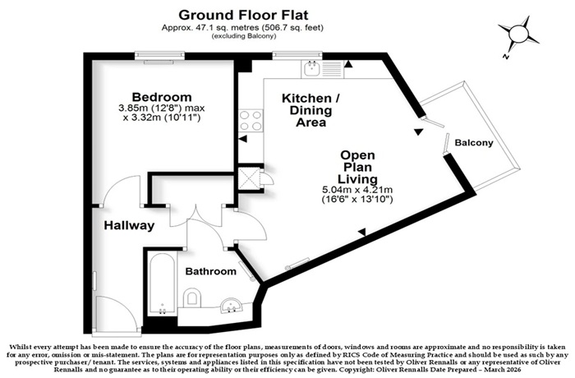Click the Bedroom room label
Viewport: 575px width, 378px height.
coord(162,97)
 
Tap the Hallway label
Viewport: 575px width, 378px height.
coord(129,225)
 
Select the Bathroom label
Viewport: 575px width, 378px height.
coord(211,271)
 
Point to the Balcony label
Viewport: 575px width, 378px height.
coord(474,143)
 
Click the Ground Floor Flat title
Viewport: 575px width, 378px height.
coord(243,15)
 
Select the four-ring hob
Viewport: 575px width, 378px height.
coord(251,121)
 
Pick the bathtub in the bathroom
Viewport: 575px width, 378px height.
coord(162,284)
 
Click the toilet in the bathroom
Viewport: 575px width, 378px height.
coord(191,297)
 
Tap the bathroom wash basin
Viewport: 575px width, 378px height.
coord(231,306)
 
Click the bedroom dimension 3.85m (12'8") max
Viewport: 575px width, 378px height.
coord(161,108)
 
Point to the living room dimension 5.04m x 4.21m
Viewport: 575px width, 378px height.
coord(357,190)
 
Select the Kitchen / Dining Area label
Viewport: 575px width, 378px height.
coord(311,110)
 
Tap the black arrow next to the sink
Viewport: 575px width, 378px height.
coord(348,65)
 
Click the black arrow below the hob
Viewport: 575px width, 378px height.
coord(242,139)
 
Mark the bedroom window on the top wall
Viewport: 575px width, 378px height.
coord(159,55)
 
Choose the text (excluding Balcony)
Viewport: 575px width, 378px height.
coord(243,36)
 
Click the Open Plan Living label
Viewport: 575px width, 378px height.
coord(357,168)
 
